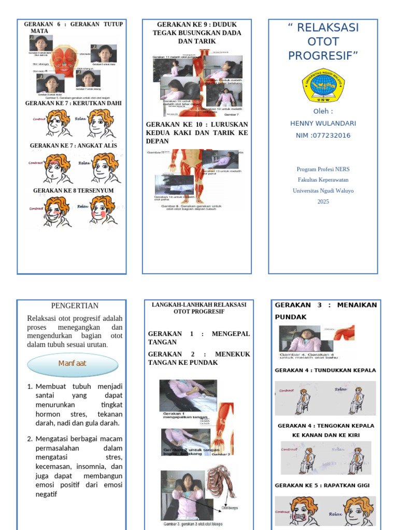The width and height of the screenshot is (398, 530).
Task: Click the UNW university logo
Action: pos(323,85)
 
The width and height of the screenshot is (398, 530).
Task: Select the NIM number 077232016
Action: pos(323,136)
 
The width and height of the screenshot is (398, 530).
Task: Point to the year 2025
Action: pos(323,201)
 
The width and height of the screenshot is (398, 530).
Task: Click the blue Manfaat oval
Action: pos(72,363)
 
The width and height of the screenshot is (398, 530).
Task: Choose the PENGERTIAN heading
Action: pos(75,306)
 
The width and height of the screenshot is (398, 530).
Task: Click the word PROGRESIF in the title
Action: pos(323,55)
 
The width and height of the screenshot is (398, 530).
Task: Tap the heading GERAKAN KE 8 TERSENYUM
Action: pos(73,190)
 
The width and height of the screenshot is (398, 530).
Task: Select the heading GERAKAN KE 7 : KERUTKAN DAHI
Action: pos(73,103)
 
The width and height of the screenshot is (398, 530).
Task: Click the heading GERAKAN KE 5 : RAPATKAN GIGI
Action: pos(325,485)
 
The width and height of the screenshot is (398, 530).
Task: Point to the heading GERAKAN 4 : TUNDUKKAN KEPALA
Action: pos(325,371)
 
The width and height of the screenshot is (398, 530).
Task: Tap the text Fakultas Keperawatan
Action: pos(323,180)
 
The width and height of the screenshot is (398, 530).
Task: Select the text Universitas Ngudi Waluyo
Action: pos(323,190)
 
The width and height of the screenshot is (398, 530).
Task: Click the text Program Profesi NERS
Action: pos(323,169)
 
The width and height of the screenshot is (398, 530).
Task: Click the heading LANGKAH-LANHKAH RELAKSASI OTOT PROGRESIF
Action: pos(198,308)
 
